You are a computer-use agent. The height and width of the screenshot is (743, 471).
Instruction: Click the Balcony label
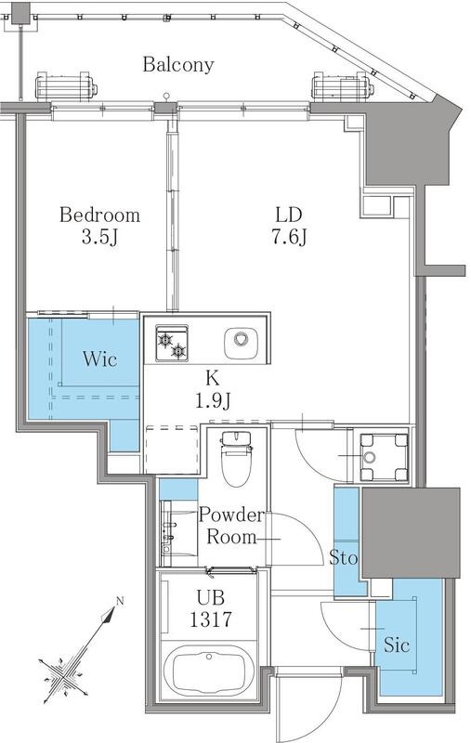point(178,64)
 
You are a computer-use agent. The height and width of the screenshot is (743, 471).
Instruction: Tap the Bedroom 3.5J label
point(100,226)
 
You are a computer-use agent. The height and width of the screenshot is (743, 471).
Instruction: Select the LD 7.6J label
point(289,226)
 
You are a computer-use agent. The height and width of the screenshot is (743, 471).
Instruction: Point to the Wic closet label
point(99,358)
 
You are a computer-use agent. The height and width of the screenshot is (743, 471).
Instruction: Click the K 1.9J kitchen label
point(213,389)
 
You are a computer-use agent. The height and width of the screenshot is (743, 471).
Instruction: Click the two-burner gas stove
point(172,343)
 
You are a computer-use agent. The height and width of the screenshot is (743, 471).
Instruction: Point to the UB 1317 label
point(210,608)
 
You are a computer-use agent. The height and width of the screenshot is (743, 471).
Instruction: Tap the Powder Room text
point(230,526)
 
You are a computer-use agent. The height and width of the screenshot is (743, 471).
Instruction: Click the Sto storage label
point(343,558)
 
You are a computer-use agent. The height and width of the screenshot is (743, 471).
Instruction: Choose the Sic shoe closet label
point(397,645)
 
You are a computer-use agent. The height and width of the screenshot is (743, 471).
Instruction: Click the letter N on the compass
point(120,601)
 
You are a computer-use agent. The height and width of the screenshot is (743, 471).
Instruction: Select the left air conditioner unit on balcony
point(66,87)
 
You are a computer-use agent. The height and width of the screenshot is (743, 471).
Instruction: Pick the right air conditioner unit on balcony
point(343,87)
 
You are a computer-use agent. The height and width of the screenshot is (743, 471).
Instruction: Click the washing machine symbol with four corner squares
point(384,457)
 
